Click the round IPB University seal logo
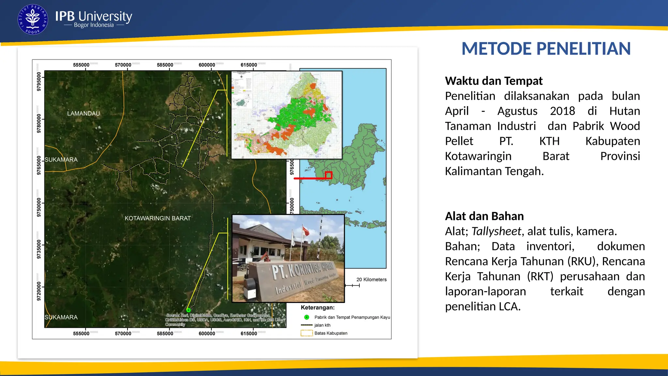tap(33, 20)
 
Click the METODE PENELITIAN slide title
tap(546, 49)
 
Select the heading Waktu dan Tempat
tap(493, 81)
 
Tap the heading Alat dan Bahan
tap(484, 216)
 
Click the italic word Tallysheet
tap(496, 231)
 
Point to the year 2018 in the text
tap(562, 111)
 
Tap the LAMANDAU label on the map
tap(83, 114)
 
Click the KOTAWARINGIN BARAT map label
tap(158, 218)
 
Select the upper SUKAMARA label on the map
tap(61, 160)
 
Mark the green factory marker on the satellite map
tap(189, 310)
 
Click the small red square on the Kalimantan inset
tap(328, 175)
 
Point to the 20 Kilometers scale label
tap(371, 280)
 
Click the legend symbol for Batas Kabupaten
tap(306, 333)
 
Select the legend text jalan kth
tap(322, 325)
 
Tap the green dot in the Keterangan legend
tap(307, 317)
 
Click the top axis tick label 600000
tap(207, 65)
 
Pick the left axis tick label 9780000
tap(39, 123)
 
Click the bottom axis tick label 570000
tap(123, 334)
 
